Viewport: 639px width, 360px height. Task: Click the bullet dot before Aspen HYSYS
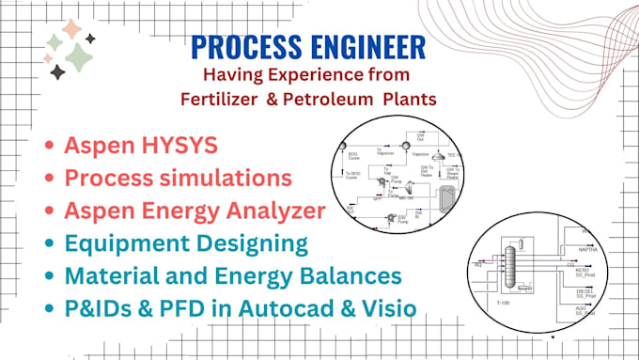49,147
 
